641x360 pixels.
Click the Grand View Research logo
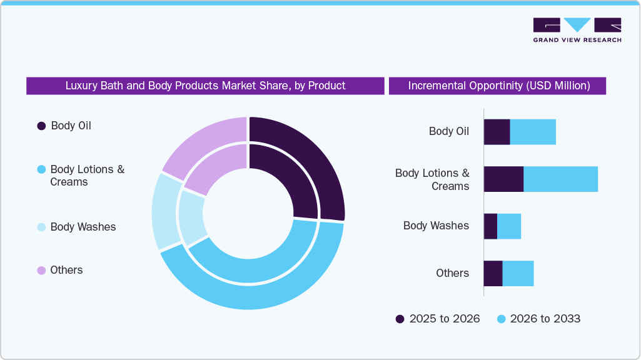point(577,29)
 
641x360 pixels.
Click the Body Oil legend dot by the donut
point(41,126)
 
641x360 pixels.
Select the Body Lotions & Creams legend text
point(87,176)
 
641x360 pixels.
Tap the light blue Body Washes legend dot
point(41,227)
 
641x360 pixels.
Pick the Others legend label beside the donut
point(66,270)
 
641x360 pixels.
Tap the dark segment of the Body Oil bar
point(497,132)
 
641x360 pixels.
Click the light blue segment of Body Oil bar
point(533,132)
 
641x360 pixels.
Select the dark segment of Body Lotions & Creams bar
point(503,179)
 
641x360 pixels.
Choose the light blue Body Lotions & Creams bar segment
point(560,179)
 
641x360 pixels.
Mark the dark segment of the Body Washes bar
point(490,226)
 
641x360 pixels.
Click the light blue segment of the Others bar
point(518,274)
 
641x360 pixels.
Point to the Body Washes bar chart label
point(436,226)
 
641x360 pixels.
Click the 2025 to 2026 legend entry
point(438,319)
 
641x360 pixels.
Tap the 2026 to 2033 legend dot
point(501,319)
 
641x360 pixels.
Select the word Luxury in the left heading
point(81,86)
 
